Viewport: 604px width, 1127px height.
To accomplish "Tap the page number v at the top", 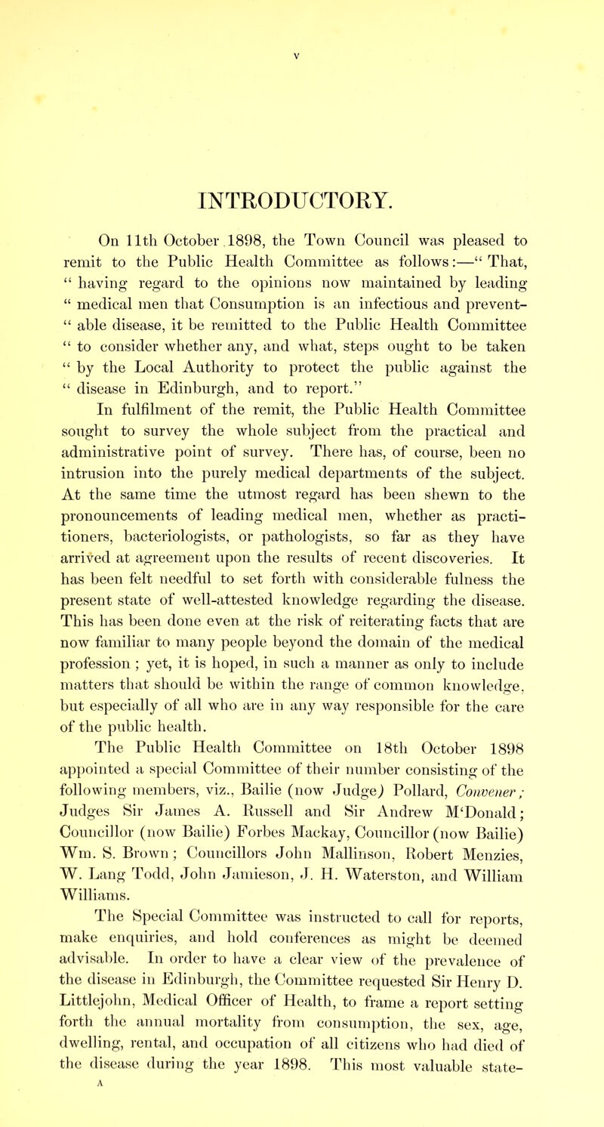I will click(x=302, y=11).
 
